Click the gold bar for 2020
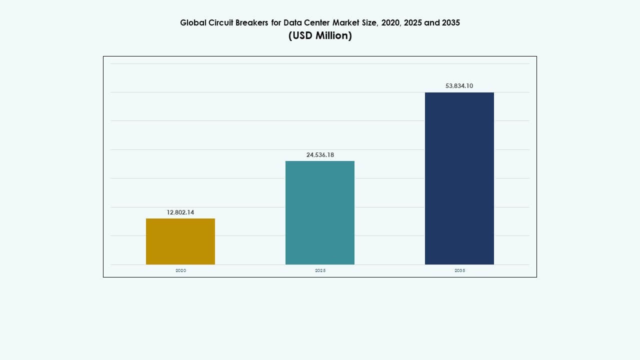[180, 241]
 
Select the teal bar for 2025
[320, 212]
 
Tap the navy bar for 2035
[459, 178]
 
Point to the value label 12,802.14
[180, 212]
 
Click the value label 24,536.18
[320, 155]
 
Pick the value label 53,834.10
[459, 86]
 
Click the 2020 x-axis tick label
[180, 270]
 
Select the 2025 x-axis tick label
[320, 270]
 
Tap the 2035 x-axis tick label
[459, 270]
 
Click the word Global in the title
[192, 23]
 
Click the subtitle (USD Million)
[320, 36]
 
